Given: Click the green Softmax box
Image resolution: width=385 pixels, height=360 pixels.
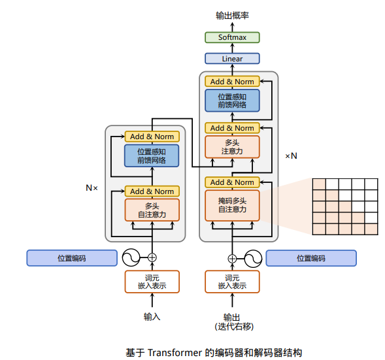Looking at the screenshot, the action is click(x=232, y=37).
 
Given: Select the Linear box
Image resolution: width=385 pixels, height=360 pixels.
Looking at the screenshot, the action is click(x=232, y=59).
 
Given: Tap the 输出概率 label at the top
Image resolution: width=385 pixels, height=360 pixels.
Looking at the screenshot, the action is click(x=232, y=16).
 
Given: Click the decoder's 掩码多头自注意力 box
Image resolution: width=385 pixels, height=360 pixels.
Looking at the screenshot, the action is click(x=232, y=205).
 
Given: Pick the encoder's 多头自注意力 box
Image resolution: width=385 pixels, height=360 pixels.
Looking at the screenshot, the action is click(x=152, y=210).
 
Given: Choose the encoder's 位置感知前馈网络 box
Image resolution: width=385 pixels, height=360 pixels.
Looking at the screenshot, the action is click(x=152, y=155).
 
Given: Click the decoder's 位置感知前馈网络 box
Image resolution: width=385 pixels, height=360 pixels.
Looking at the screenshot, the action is click(x=232, y=101).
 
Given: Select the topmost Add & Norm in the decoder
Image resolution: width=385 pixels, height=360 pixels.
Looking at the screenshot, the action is click(x=232, y=82).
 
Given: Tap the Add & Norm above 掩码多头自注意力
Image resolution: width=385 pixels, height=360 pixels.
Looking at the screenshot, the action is click(x=232, y=182).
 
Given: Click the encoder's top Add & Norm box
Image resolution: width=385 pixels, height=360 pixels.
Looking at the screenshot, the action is click(x=152, y=137).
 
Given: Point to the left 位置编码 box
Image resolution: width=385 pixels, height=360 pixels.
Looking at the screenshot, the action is click(x=72, y=258).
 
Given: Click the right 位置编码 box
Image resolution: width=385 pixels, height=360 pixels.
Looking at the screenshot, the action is click(x=311, y=258).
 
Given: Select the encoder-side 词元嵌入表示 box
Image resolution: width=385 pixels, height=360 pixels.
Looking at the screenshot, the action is click(x=152, y=282).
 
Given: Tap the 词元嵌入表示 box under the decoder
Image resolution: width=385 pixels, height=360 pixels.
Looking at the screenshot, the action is click(x=232, y=282).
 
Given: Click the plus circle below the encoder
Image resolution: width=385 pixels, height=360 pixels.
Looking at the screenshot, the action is click(x=152, y=257).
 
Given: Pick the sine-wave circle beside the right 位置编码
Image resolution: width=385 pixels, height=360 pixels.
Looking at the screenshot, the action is click(x=253, y=259).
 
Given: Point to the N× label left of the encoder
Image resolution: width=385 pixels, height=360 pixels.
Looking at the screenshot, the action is click(x=92, y=188).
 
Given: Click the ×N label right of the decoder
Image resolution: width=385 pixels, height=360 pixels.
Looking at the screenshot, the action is click(x=291, y=156).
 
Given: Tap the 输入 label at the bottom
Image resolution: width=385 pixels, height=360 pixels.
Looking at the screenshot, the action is click(x=152, y=317).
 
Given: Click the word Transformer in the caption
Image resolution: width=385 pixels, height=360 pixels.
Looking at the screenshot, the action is click(x=175, y=353).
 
